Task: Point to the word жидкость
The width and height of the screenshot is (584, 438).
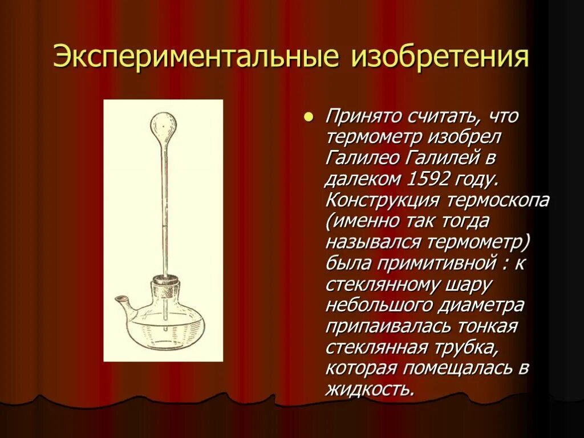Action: [369, 389]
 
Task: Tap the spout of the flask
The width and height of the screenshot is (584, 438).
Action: [121, 301]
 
